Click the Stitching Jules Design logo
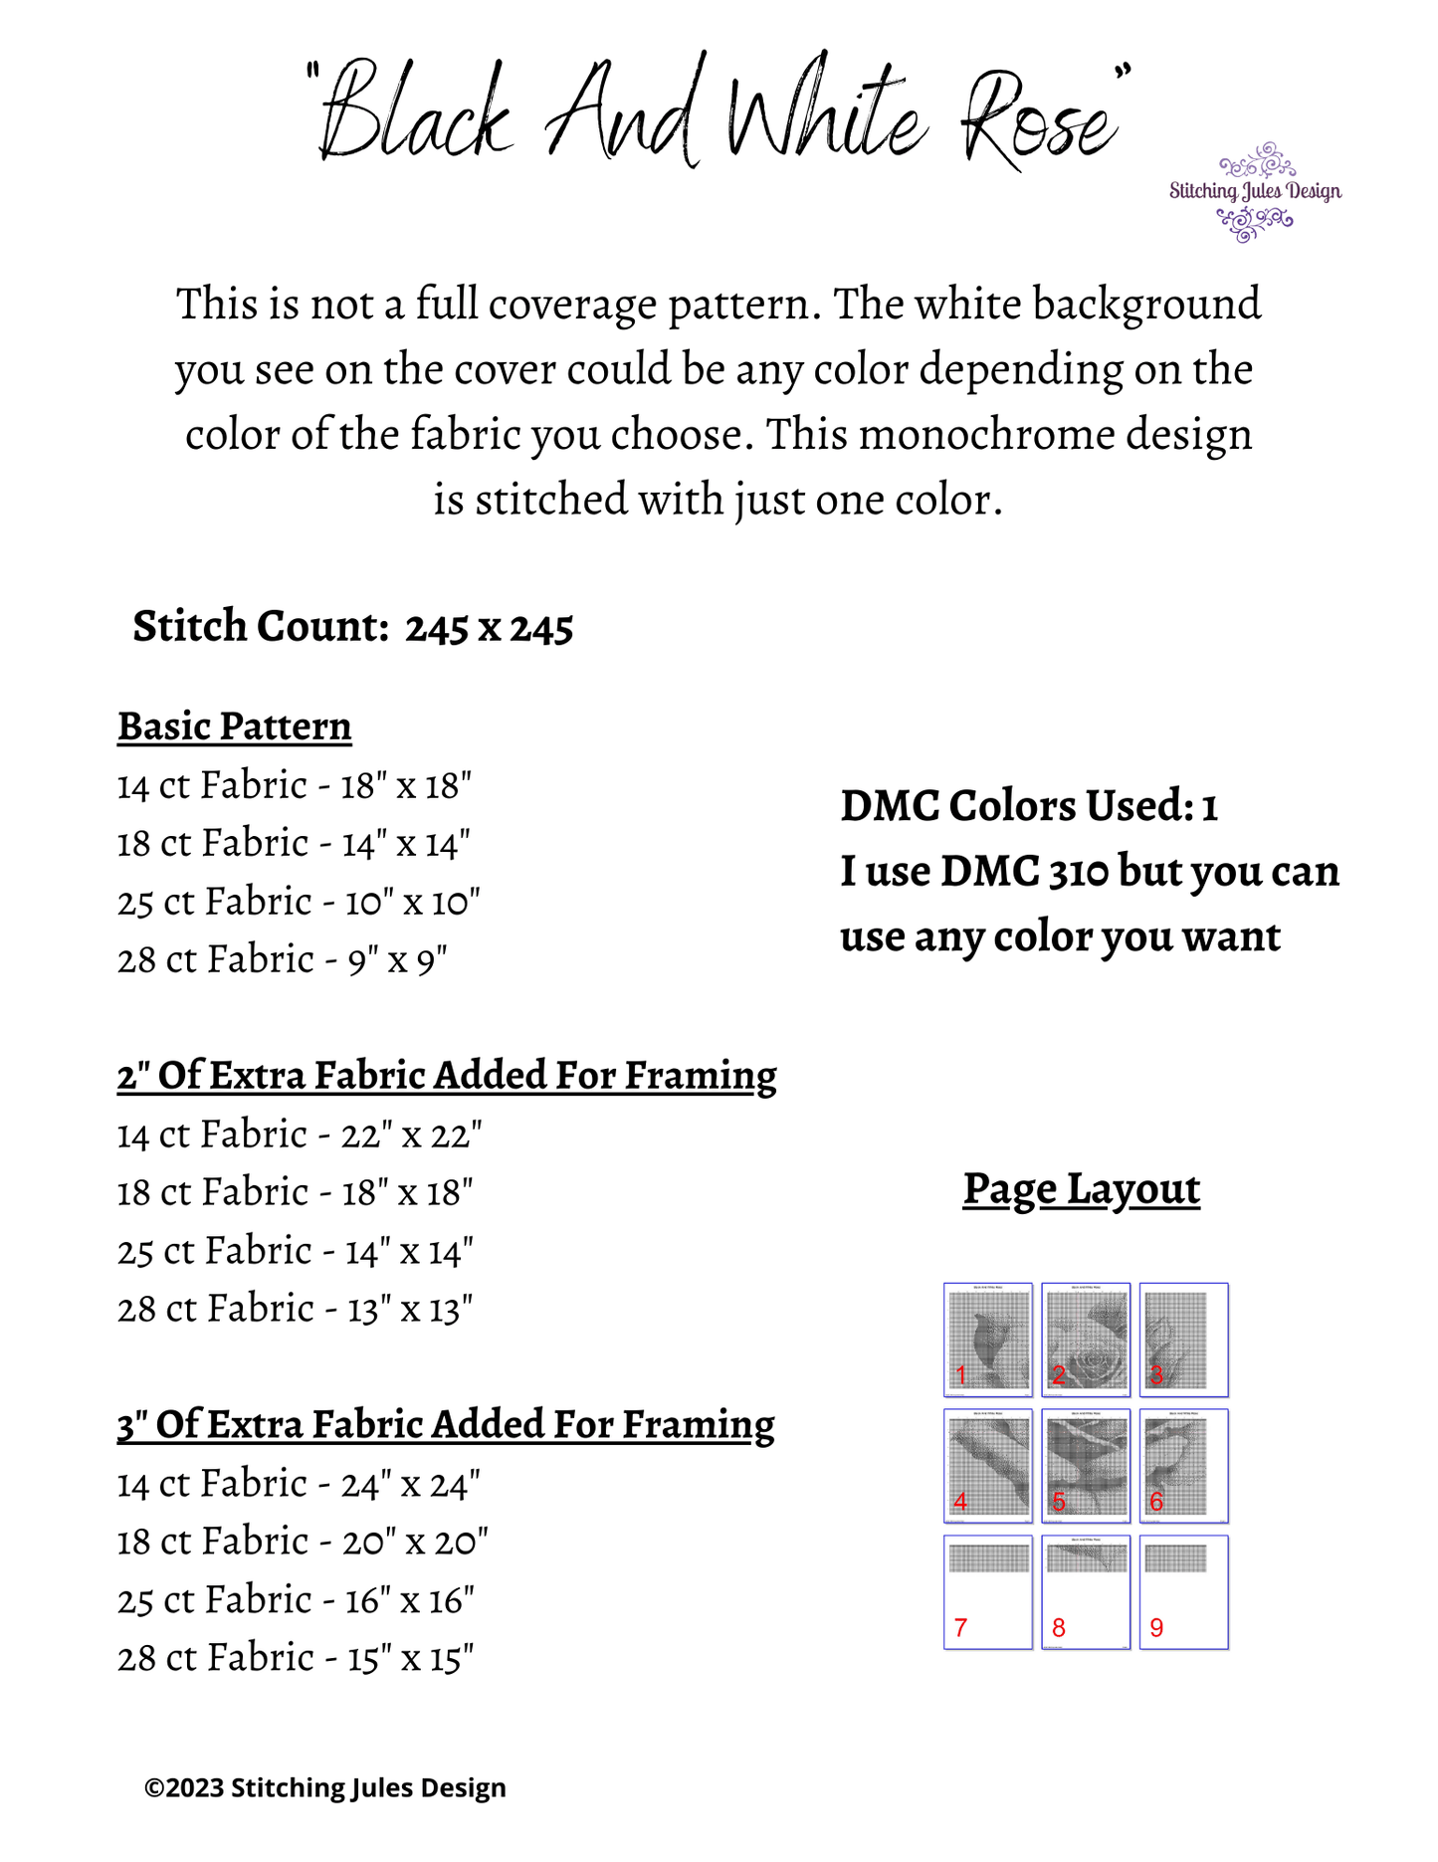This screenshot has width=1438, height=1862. point(1255,191)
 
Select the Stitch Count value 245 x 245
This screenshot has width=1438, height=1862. point(489,628)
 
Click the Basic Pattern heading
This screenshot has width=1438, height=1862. point(234,726)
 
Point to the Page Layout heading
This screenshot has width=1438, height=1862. point(1081,1189)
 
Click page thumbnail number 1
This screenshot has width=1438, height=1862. point(987,1340)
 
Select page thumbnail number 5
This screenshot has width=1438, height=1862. point(1085,1465)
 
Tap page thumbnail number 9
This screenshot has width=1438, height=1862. point(1183,1591)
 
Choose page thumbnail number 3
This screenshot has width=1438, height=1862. point(1183,1340)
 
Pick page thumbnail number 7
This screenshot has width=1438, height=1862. point(987,1591)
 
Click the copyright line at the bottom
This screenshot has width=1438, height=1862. point(324,1787)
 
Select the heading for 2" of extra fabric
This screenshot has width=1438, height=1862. point(446,1076)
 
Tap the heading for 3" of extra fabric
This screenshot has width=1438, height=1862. point(445,1425)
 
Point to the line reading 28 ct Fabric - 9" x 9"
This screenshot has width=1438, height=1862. point(282,960)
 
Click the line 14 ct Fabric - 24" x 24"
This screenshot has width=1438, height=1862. point(299,1484)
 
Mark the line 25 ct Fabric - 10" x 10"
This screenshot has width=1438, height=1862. point(299,903)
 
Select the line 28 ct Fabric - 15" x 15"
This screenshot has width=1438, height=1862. point(295,1658)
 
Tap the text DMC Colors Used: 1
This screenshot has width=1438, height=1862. point(1029,806)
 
